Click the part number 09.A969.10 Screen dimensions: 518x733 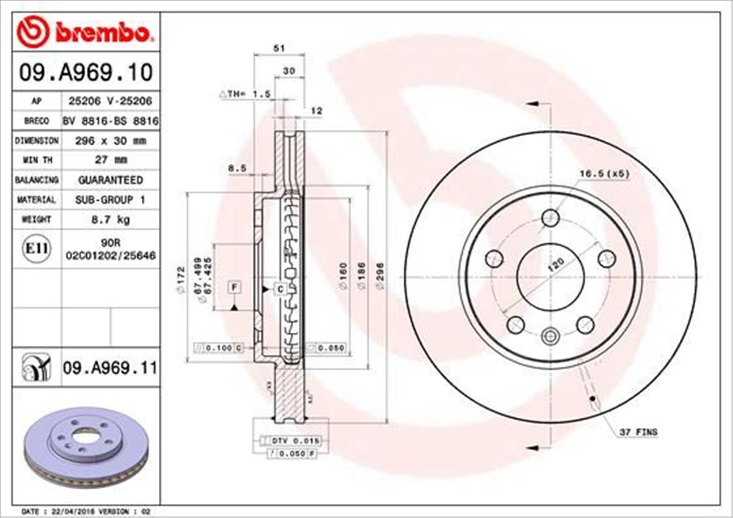pos(85,73)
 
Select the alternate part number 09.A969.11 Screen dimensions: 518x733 pos(109,368)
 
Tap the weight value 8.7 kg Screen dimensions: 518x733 pos(111,219)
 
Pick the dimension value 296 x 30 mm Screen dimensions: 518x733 pos(111,140)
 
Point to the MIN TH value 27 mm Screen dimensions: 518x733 pos(111,160)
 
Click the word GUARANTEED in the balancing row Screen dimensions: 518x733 pos(111,180)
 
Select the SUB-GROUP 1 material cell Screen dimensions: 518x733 pos(111,200)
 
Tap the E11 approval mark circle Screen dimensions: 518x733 pos(37,249)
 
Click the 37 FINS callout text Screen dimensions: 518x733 pos(638,432)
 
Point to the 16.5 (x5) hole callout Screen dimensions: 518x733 pos(604,173)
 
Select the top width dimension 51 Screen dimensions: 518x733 pos(280,48)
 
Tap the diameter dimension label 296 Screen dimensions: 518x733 pos(380,280)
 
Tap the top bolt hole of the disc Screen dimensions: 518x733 pos(550,217)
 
